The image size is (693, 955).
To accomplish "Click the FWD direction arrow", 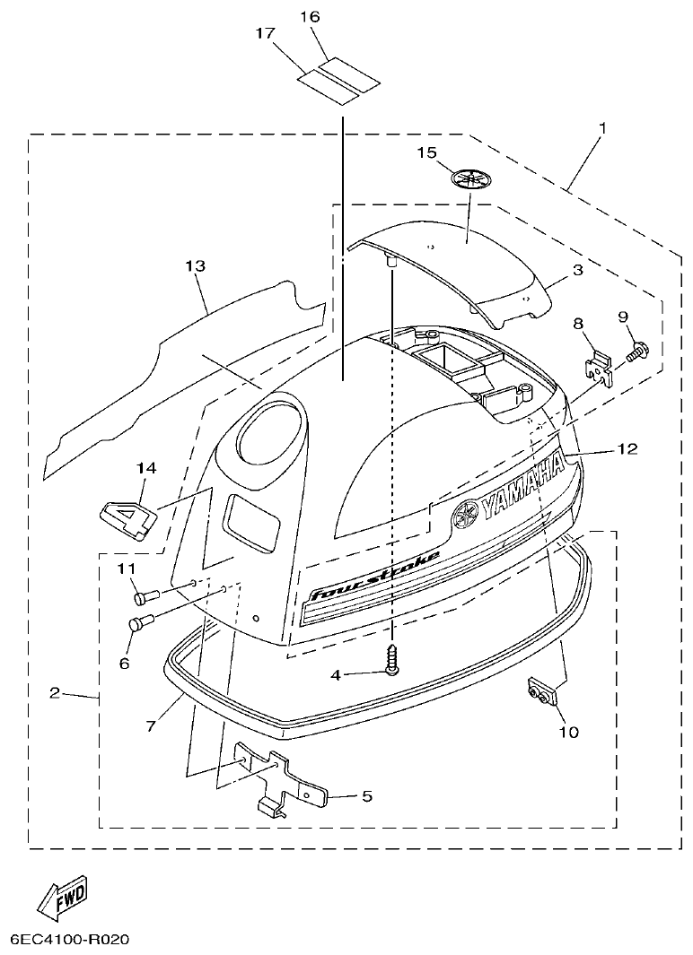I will pyautogui.click(x=62, y=898).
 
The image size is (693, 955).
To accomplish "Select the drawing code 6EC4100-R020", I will pyautogui.click(x=70, y=941).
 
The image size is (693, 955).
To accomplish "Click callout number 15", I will pyautogui.click(x=425, y=153).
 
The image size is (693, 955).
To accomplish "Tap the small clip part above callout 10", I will pyautogui.click(x=538, y=692).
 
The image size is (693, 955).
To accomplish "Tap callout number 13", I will pyautogui.click(x=195, y=266).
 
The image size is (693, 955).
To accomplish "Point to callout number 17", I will pyautogui.click(x=264, y=33).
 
